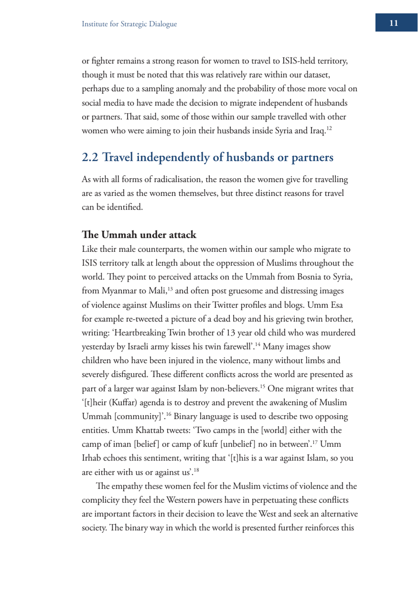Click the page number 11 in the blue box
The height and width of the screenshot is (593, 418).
(x=393, y=23)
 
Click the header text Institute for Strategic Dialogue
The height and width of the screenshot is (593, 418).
(x=129, y=24)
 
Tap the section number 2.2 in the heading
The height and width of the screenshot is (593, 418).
(x=90, y=158)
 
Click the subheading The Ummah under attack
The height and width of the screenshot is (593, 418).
(x=139, y=235)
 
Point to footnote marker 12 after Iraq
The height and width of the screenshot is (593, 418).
(x=329, y=129)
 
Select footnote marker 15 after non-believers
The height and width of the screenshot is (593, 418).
(x=262, y=387)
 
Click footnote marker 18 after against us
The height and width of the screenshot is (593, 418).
(x=197, y=470)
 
